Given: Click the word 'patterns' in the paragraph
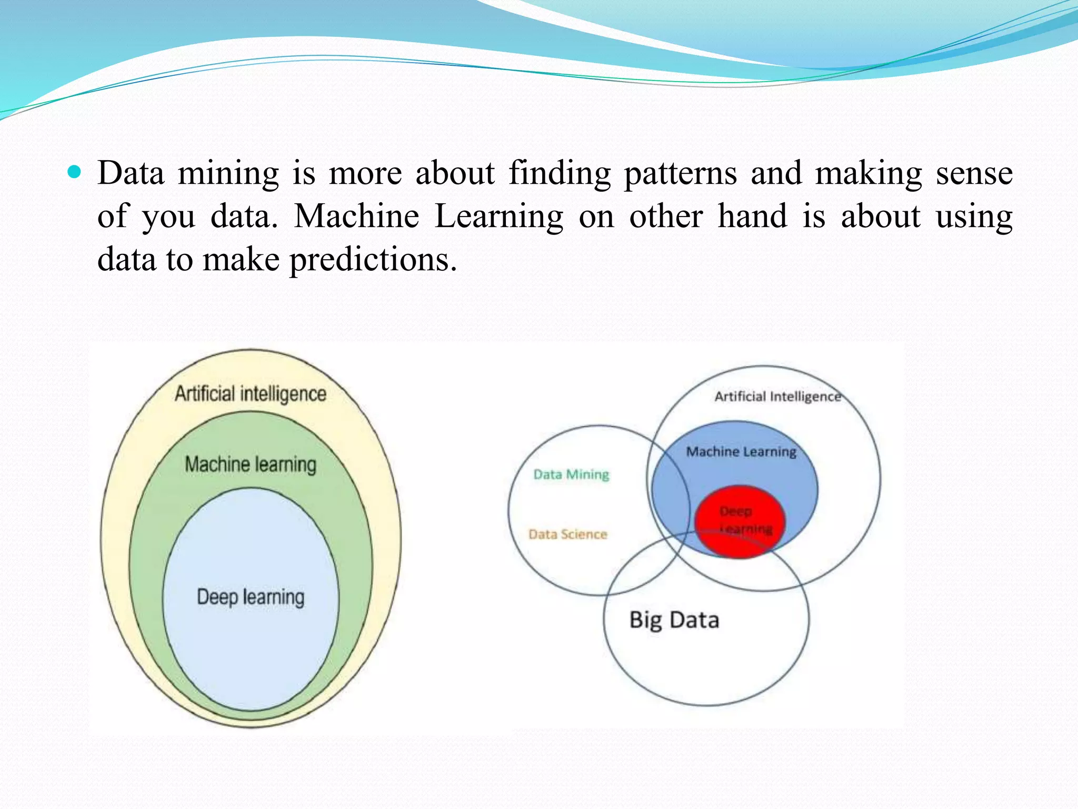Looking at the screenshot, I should coord(680,174).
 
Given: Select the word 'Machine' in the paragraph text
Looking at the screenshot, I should coord(356,217).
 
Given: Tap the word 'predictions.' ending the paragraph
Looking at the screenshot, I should coord(373,260).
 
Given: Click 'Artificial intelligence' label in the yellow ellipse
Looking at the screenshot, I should coord(251,394).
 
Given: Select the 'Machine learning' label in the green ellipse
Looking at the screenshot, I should coord(251,465).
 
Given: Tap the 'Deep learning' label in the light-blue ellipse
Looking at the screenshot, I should coord(251,597).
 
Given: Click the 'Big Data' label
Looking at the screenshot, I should coord(674,620).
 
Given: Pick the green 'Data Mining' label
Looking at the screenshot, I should coord(571,475).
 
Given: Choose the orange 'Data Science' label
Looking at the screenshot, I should coord(568,535).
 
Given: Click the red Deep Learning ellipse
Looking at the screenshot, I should coord(739,521).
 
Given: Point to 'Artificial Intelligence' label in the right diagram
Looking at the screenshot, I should coord(777,397).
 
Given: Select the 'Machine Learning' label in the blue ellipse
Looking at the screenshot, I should coord(741,452).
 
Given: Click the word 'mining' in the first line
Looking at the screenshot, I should coord(228,174).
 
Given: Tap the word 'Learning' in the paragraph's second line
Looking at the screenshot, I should coord(498,217).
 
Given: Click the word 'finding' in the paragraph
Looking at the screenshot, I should coord(560,174).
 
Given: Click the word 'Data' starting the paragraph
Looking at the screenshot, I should coord(131,174).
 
